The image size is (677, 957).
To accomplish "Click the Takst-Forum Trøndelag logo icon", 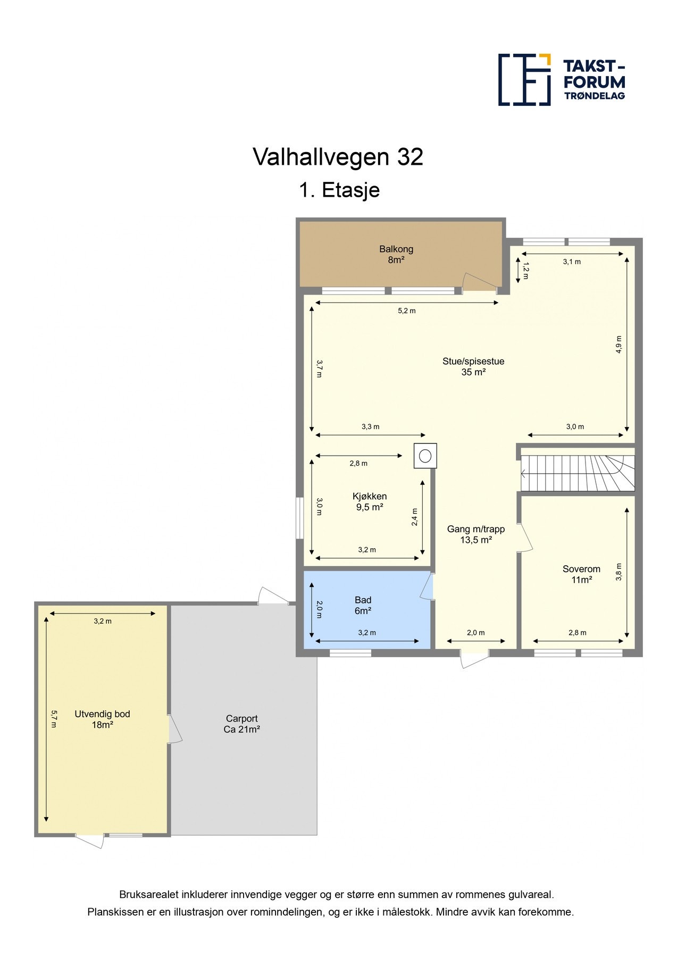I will click(x=524, y=80).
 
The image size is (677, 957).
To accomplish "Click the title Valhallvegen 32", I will click(x=338, y=157).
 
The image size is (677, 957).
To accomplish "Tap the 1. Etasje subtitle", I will click(x=339, y=190).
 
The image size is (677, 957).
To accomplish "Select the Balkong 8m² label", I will click(x=396, y=254).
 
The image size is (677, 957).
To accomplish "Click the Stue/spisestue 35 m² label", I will click(x=473, y=366).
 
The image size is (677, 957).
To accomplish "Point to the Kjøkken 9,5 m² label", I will click(x=369, y=501).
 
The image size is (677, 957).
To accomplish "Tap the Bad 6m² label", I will click(x=363, y=605).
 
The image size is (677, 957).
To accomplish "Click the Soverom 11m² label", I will click(x=581, y=574).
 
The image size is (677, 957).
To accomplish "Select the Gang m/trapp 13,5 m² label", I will click(x=475, y=534).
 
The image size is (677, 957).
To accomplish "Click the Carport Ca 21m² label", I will click(x=241, y=724).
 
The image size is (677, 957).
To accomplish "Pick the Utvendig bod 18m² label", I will click(x=102, y=719).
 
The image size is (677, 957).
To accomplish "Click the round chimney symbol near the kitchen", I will click(x=425, y=456).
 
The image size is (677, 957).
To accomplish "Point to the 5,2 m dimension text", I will click(x=406, y=311).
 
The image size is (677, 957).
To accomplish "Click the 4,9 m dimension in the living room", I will click(x=619, y=344).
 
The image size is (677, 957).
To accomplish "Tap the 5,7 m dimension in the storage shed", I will click(x=54, y=719).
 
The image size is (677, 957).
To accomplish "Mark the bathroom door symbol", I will click(x=427, y=587).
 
